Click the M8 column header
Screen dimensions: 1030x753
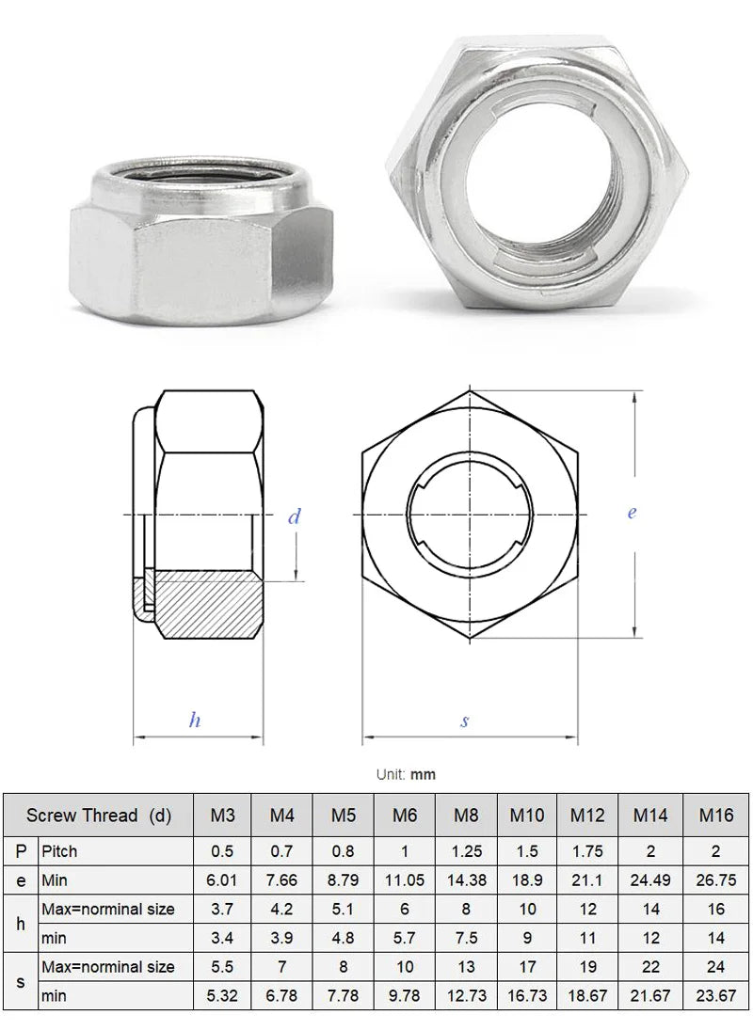pos(466,816)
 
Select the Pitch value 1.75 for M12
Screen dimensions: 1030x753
pos(587,851)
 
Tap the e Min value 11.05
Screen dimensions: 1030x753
pos(405,881)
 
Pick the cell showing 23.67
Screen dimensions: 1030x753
pos(715,996)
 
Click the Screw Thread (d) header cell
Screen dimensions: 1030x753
pos(99,816)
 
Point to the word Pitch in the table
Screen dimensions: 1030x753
pos(59,851)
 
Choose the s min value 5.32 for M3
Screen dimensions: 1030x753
pos(222,996)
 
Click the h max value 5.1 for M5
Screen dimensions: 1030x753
pos(344,910)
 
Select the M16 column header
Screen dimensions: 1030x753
pos(715,816)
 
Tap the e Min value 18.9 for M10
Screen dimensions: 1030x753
pos(527,881)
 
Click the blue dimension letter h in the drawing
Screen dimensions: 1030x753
pos(195,721)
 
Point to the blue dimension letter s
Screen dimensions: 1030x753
pos(465,721)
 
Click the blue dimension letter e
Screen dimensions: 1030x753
pos(632,513)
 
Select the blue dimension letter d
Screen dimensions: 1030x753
pos(295,516)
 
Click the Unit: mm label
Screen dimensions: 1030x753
pos(406,775)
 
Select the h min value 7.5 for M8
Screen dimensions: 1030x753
pos(466,938)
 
